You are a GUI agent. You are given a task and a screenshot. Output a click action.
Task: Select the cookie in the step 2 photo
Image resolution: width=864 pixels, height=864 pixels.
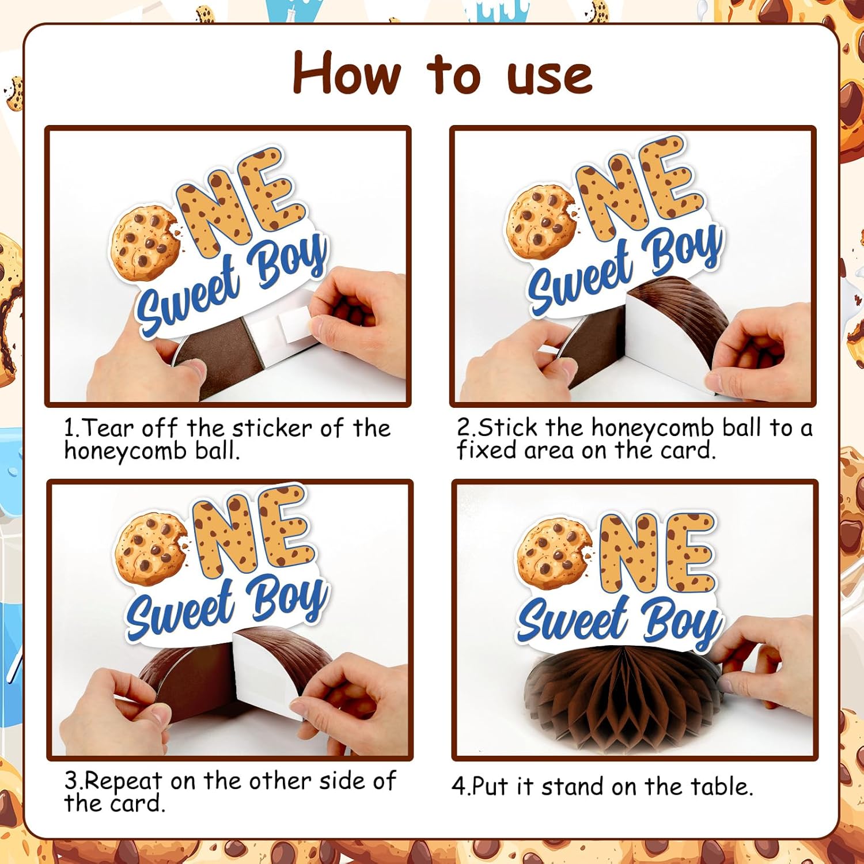[x=541, y=222]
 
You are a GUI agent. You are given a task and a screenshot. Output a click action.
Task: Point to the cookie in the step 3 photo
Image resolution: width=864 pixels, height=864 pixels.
[x=151, y=548]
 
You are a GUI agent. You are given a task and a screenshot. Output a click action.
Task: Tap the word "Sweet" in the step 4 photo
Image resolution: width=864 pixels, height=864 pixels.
[x=573, y=620]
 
